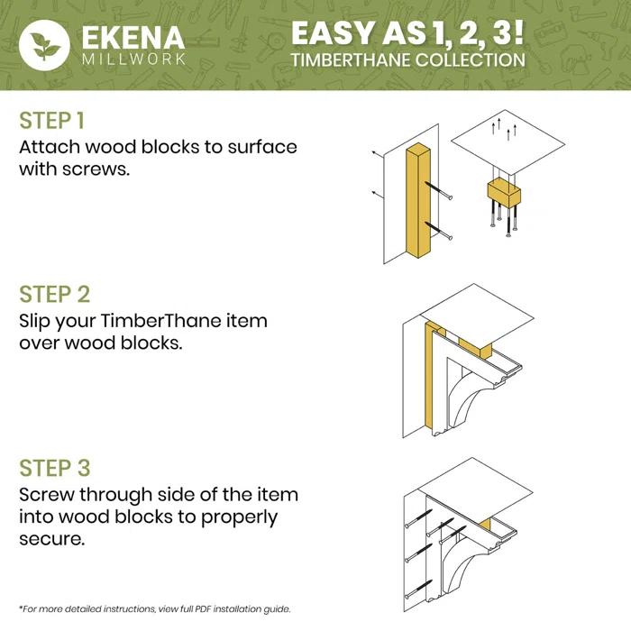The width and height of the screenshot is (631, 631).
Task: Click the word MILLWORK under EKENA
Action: (133, 60)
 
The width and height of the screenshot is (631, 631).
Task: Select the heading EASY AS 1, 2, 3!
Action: (407, 33)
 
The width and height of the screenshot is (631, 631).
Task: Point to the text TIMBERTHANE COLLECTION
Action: (407, 61)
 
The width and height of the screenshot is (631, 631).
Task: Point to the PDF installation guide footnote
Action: (153, 608)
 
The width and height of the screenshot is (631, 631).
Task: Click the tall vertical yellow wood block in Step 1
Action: (422, 203)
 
